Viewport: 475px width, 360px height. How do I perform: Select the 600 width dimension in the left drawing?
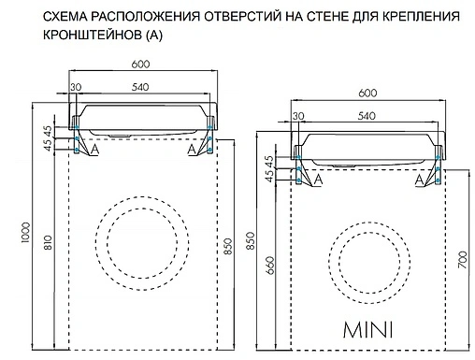click(142, 65)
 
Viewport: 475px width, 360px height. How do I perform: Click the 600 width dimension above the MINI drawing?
click(367, 94)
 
